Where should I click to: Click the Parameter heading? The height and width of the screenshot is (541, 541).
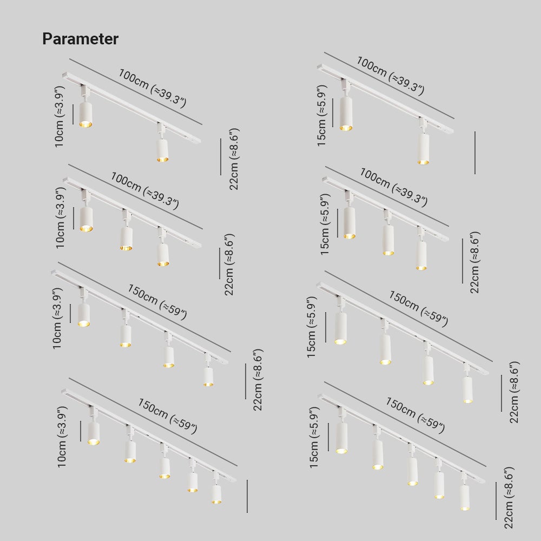pyautogui.click(x=81, y=38)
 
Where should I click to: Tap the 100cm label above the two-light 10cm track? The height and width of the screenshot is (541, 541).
pyautogui.click(x=153, y=88)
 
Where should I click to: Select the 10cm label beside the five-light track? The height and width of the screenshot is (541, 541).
pyautogui.click(x=62, y=437)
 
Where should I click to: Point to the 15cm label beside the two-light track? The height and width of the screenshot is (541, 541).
pyautogui.click(x=321, y=116)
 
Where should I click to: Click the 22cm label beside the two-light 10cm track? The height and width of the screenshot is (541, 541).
pyautogui.click(x=234, y=159)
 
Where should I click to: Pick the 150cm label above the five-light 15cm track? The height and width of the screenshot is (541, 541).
pyautogui.click(x=415, y=415)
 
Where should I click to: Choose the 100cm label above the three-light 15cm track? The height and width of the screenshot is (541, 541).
pyautogui.click(x=394, y=187)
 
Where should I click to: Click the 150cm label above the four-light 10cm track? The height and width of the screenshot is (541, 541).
pyautogui.click(x=157, y=302)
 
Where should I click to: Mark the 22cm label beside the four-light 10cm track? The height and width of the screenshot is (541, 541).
pyautogui.click(x=258, y=380)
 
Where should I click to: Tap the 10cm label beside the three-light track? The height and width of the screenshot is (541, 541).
pyautogui.click(x=61, y=217)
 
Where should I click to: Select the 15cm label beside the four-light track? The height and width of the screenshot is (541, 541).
pyautogui.click(x=311, y=327)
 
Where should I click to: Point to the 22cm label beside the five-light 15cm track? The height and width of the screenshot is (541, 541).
pyautogui.click(x=509, y=498)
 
